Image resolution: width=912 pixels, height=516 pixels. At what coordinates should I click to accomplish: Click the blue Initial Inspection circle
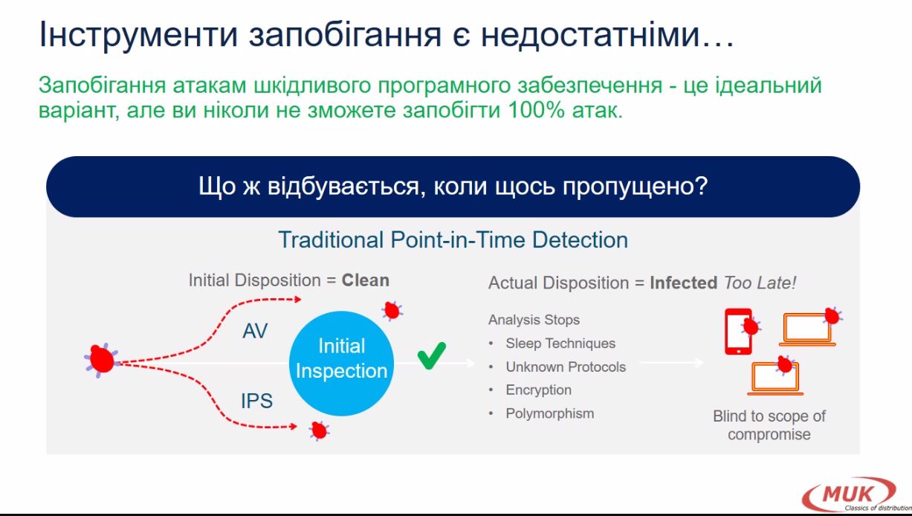[x=341, y=364]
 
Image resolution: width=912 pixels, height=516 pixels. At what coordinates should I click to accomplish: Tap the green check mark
[x=432, y=356]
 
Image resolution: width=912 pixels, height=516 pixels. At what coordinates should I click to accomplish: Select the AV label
[x=255, y=331]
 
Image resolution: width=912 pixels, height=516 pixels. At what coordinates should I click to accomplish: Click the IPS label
[x=256, y=401]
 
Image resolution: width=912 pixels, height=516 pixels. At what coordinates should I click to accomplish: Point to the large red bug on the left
[x=101, y=359]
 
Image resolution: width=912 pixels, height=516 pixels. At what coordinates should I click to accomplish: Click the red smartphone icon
[x=738, y=331]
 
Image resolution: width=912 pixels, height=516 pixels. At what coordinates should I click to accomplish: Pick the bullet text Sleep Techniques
[x=560, y=344]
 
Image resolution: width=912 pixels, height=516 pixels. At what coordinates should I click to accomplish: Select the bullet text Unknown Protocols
[x=566, y=367]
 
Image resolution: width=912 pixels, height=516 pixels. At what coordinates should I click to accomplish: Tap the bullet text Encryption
[x=538, y=390]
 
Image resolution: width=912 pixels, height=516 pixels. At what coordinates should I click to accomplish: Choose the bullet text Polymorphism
[x=549, y=414]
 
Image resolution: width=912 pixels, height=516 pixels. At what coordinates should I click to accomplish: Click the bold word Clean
[x=365, y=280]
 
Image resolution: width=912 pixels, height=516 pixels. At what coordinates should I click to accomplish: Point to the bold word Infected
[x=684, y=283]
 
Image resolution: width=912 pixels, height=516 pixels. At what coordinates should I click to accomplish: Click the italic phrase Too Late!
[x=760, y=283]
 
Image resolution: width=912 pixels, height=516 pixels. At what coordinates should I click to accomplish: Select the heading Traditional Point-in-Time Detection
[x=453, y=239]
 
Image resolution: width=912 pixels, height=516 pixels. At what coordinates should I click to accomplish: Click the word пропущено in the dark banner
[x=636, y=187]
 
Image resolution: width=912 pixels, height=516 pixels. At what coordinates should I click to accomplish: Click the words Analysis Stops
[x=534, y=320]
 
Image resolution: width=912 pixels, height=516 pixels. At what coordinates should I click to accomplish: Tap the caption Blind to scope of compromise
[x=769, y=425]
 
